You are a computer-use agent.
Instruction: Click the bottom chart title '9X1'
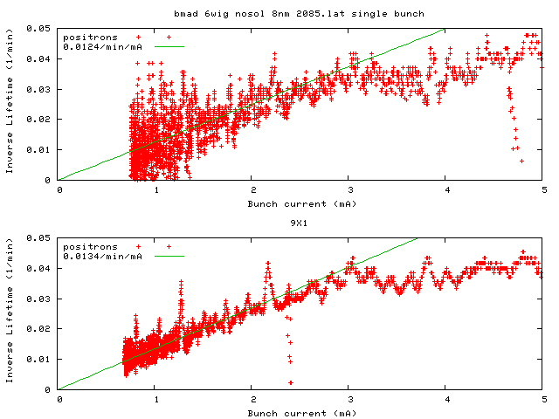[300, 223]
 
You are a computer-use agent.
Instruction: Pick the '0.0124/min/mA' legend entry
[101, 47]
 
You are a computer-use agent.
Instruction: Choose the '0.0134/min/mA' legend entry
[101, 257]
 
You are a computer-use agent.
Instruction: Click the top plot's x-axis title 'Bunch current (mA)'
[300, 203]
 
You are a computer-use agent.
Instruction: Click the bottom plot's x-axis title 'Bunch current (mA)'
[300, 413]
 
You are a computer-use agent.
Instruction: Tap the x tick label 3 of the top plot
[349, 190]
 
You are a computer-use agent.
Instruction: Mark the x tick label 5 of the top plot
[543, 190]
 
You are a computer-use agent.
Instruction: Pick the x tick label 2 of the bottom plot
[252, 400]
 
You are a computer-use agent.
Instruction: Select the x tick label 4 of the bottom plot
[446, 400]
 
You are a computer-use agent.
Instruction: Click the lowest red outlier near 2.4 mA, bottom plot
[291, 382]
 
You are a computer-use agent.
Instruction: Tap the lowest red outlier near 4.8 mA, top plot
[521, 161]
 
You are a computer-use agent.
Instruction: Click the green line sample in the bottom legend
[170, 257]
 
